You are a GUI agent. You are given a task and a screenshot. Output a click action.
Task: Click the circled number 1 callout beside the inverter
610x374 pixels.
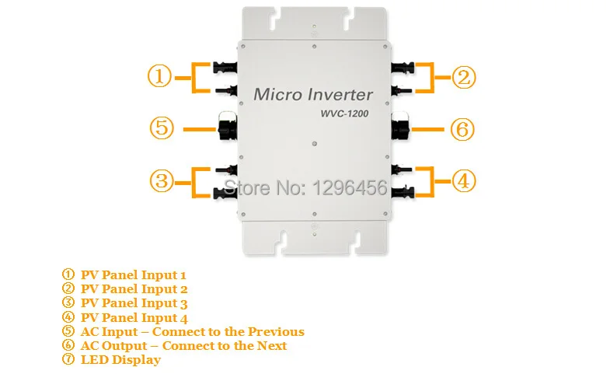coord(159,77)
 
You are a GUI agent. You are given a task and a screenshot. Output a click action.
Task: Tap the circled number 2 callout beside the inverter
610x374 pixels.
coord(464,77)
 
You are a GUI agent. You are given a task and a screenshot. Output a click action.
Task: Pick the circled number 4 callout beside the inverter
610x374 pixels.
coord(464,180)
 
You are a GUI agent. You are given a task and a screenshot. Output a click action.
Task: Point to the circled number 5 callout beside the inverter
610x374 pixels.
coord(161,128)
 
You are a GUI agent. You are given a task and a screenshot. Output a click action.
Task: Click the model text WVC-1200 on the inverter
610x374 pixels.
coord(343,114)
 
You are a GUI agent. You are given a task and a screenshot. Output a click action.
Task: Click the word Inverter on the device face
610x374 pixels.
coord(343,95)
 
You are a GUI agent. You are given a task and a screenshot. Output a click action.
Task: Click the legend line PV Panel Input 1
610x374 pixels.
coord(133,274)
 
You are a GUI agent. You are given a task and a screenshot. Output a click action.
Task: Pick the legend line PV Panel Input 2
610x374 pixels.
coord(134,288)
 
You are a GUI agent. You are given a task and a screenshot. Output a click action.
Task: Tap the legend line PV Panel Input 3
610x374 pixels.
coord(134,303)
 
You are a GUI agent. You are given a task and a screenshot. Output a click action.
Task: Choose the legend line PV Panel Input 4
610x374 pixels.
coord(134,317)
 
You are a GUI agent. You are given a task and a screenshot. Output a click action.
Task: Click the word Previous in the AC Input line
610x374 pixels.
coord(274,331)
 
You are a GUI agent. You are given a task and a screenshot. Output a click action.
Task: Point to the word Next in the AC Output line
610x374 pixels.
coord(272,345)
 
